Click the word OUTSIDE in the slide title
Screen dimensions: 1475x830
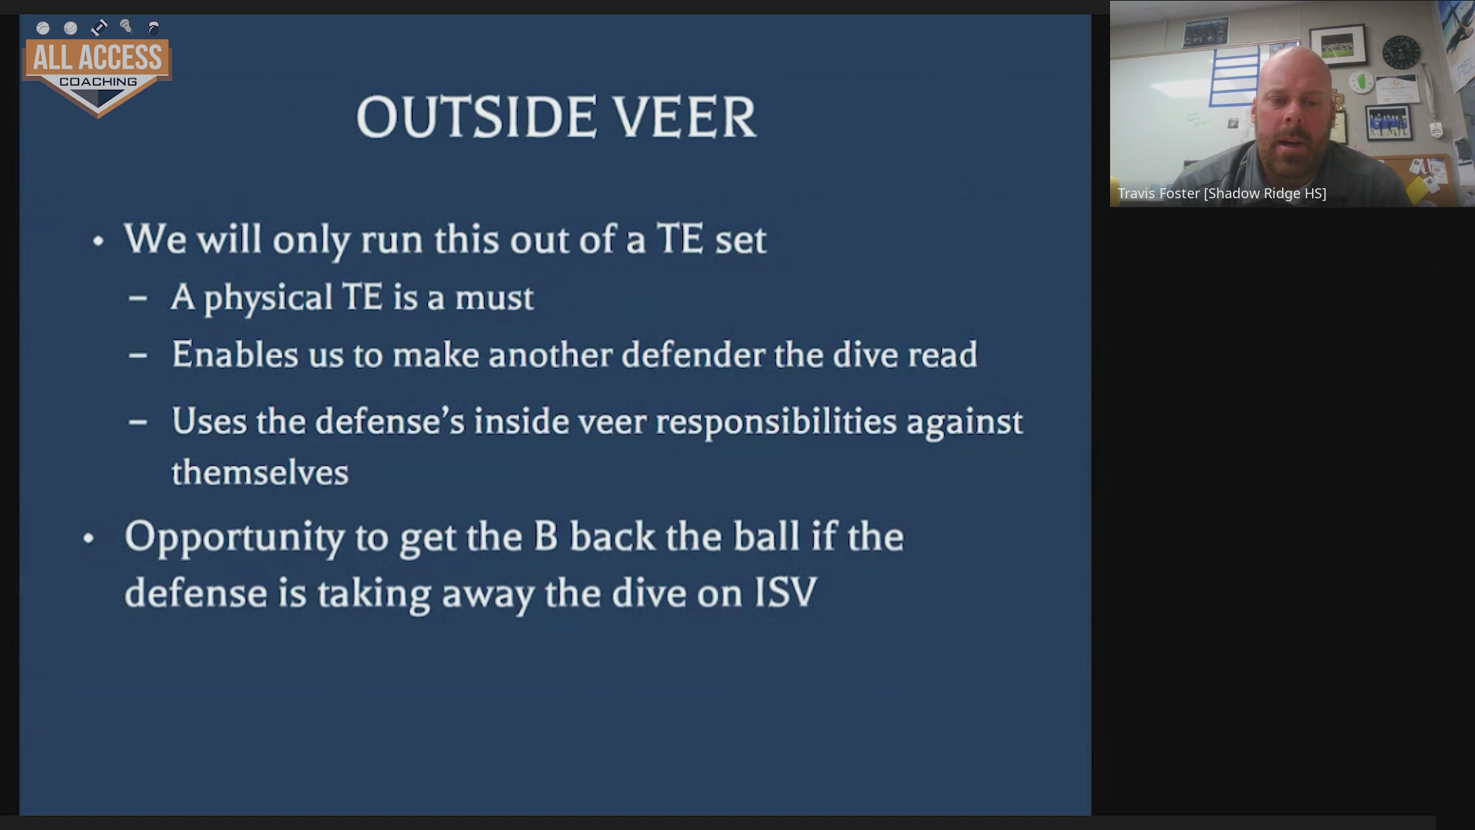click(476, 118)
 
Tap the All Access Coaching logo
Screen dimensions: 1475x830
click(98, 68)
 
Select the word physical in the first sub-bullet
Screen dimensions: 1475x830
click(268, 298)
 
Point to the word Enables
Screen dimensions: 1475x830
click(235, 354)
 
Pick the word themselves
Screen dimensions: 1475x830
click(260, 472)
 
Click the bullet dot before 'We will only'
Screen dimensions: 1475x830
click(98, 241)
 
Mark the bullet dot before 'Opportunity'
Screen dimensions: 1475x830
click(88, 539)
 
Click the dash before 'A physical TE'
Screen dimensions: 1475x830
click(138, 298)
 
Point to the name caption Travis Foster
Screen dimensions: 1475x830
click(1158, 194)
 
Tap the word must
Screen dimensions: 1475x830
click(494, 298)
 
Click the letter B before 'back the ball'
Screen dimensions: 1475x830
click(545, 537)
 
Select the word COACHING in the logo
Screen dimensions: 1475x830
click(98, 82)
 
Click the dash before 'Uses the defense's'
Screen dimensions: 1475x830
click(138, 422)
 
